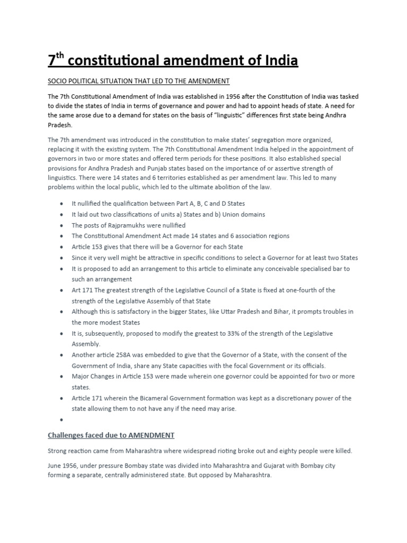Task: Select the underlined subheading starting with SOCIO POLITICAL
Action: pyautogui.click(x=138, y=81)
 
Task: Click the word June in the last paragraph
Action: pyautogui.click(x=56, y=465)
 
